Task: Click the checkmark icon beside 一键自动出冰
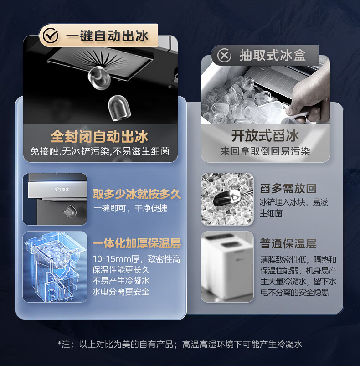coord(51,36)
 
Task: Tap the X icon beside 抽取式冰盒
coord(224,55)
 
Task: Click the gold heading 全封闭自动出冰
coord(99,136)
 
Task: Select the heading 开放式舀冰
coord(265,136)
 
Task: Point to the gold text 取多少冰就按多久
coord(137,194)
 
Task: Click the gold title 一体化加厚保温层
coord(137,243)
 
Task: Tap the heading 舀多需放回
coord(288,189)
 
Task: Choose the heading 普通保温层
coord(288,244)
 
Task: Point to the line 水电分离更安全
coord(121,292)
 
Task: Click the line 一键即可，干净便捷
coord(130,208)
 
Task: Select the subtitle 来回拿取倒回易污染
coord(265,151)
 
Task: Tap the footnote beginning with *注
coord(180,344)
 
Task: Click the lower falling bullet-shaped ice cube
coord(119,108)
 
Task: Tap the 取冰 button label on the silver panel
coord(62,189)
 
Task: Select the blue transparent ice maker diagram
coord(55,267)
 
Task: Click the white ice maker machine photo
coord(227,267)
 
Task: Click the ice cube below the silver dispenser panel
coord(70,211)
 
